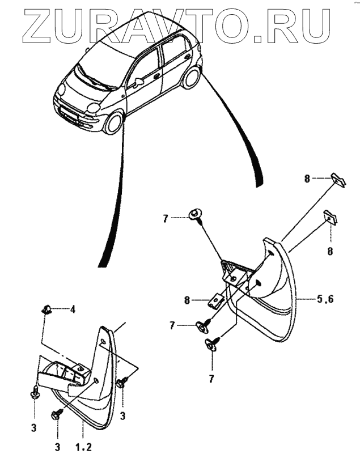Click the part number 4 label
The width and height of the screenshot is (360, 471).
click(x=73, y=309)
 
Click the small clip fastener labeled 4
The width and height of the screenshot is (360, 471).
click(x=46, y=309)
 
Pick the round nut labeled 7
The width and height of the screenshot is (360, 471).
click(x=195, y=214)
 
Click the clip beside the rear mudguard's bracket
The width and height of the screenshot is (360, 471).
click(x=215, y=300)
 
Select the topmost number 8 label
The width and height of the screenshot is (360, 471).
click(x=307, y=179)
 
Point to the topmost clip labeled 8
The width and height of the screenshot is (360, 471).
click(x=338, y=180)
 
